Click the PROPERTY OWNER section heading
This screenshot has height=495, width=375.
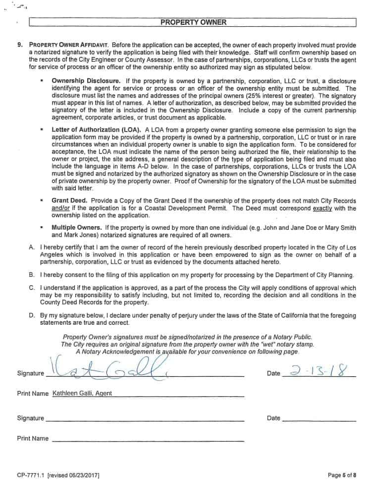point(193,22)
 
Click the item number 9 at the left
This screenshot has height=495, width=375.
point(20,46)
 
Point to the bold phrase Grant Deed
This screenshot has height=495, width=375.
point(70,201)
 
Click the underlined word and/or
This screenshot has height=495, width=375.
point(61,208)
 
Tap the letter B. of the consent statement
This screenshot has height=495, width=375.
point(32,274)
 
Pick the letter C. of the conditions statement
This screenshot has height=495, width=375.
point(32,288)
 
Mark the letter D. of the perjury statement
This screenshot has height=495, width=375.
point(32,315)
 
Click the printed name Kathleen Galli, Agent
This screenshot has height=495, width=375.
point(82,394)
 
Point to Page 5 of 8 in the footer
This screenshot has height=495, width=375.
point(342,476)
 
